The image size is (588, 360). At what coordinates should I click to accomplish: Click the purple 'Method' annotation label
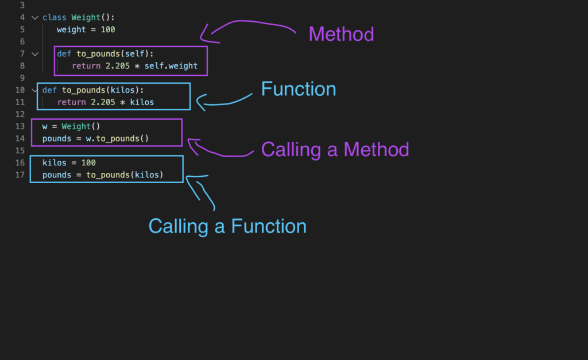[x=341, y=34]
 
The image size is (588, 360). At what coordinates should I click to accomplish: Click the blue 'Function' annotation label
[x=298, y=89]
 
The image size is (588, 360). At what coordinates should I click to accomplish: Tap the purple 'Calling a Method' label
[x=335, y=150]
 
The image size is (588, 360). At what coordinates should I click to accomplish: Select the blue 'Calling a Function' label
[x=227, y=226]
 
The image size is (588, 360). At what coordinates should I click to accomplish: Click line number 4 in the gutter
[x=22, y=17]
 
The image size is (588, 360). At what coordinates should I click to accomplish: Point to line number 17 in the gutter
[x=20, y=175]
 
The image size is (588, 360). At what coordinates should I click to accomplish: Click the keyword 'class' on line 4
[x=55, y=17]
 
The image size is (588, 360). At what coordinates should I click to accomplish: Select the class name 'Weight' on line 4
[x=86, y=17]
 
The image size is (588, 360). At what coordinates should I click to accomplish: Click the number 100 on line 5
[x=108, y=29]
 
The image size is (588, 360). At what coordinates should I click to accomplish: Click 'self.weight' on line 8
[x=171, y=66]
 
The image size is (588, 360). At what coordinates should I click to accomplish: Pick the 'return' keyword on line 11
[x=72, y=102]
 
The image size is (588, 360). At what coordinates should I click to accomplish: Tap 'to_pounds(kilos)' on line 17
[x=125, y=175]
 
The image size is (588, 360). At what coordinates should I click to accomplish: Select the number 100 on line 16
[x=88, y=162]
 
